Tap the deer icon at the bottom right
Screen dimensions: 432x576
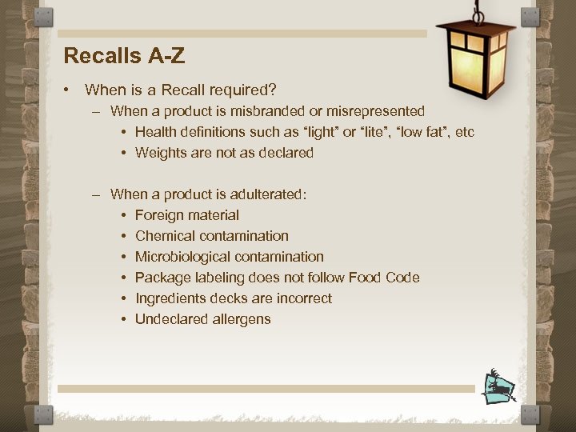click(500, 386)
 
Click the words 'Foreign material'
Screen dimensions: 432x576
click(187, 215)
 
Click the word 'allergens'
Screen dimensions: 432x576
click(241, 319)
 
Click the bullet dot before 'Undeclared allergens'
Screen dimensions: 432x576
click(124, 319)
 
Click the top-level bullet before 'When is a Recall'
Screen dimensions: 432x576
click(71, 90)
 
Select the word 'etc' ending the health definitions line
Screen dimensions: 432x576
click(464, 132)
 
